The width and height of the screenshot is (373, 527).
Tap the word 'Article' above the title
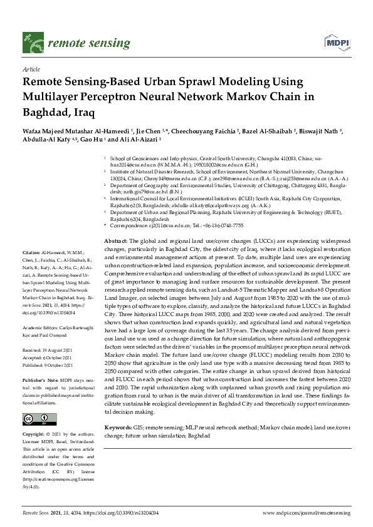[x=31, y=69]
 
